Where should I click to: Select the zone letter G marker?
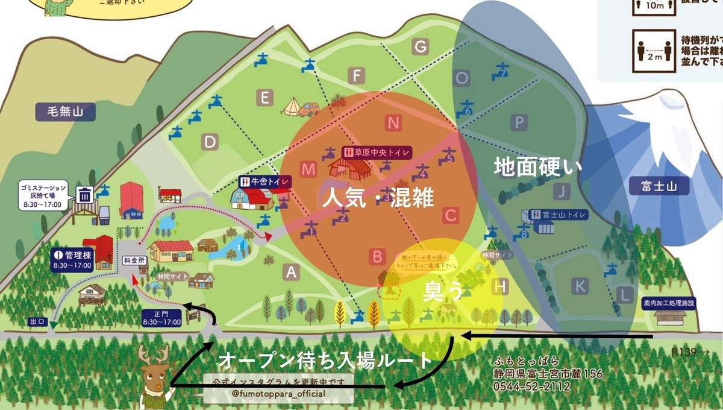pos(421,46)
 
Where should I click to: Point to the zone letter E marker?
pos(264,97)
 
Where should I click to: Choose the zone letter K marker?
pos(580,286)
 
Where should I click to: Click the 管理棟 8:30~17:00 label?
pos(73,259)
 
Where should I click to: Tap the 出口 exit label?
pos(38,322)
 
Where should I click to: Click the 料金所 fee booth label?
pos(135,260)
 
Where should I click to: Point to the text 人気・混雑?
pos(378,198)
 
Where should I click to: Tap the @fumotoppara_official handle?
pos(278,394)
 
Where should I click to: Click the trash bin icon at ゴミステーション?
pos(85,195)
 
